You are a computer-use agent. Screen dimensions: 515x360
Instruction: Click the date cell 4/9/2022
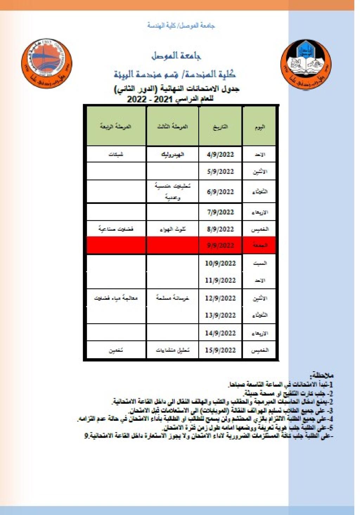pos(220,154)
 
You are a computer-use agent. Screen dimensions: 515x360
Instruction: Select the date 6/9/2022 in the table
pos(220,192)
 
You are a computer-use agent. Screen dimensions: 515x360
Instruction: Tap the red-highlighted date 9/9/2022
pos(220,245)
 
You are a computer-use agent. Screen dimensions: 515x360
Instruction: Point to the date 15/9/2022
pos(220,350)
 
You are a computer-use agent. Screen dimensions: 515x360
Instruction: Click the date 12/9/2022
pos(220,298)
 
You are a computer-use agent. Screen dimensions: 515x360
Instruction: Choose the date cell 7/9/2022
pos(220,212)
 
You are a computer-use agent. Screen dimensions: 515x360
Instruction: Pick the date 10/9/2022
pos(220,263)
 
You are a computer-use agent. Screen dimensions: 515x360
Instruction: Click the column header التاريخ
pos(220,127)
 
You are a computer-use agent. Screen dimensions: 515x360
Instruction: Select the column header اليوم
pos(260,127)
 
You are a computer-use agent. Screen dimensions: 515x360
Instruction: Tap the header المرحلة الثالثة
pos(172,127)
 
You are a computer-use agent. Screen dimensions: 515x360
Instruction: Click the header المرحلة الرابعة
pos(116,127)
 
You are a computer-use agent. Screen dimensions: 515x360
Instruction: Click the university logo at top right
pos(306,64)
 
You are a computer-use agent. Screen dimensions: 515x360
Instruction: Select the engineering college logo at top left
pos(47,63)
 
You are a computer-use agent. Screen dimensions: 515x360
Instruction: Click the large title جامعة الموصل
pos(176,56)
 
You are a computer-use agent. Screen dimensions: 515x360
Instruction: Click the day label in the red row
pos(260,245)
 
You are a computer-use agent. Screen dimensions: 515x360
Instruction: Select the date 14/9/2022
pos(220,333)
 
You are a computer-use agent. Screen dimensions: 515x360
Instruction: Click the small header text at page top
pos(181,25)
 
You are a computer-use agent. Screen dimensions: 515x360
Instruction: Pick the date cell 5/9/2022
pos(220,172)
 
